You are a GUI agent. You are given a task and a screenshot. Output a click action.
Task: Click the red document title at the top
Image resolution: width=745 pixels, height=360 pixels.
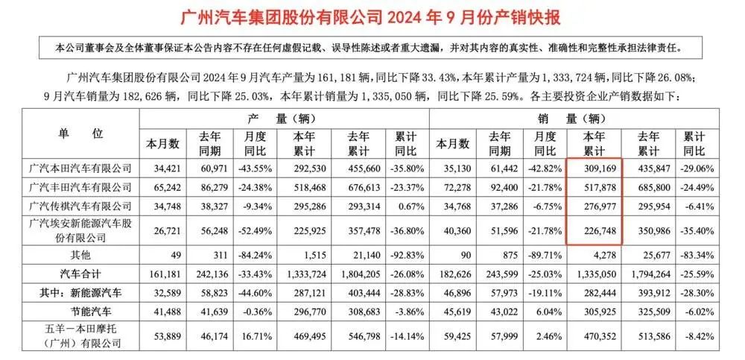372,16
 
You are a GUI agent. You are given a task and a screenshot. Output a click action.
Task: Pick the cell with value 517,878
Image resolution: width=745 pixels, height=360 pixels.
595,186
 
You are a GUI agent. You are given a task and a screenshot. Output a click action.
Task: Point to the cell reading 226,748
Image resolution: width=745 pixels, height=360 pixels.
595,230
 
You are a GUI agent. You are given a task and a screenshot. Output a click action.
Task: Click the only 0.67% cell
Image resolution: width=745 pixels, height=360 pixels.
405,205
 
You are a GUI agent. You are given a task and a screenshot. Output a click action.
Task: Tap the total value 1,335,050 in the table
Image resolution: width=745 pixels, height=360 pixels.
595,272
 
